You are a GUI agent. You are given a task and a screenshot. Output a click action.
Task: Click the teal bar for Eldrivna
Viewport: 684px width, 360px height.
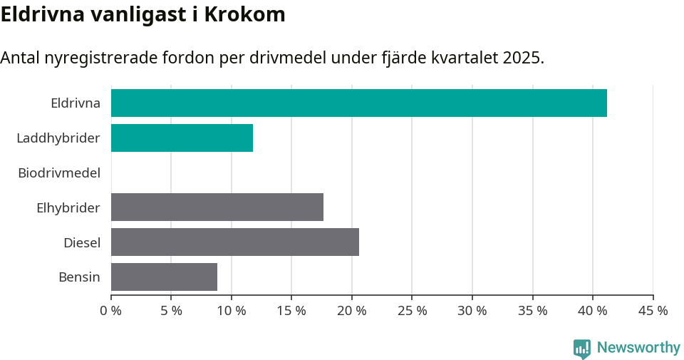(358, 103)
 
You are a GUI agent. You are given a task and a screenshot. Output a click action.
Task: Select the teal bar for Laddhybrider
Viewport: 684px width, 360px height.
(182, 138)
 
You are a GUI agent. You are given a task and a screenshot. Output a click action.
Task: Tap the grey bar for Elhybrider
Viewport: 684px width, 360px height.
(217, 207)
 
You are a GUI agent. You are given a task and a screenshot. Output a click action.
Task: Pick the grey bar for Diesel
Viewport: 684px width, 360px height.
(235, 242)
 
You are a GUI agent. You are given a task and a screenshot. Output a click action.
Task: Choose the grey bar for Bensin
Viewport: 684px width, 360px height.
(164, 277)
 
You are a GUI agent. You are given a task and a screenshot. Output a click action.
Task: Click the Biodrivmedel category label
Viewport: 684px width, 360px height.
(59, 173)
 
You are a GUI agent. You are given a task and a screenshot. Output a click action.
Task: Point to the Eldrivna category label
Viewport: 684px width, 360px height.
(76, 103)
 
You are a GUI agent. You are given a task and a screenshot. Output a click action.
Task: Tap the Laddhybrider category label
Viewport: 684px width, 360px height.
(58, 138)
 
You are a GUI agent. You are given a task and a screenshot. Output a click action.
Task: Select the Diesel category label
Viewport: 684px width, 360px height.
(82, 242)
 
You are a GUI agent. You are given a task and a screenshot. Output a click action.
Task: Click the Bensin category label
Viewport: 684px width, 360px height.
(79, 277)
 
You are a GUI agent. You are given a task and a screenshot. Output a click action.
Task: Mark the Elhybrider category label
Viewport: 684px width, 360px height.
(68, 207)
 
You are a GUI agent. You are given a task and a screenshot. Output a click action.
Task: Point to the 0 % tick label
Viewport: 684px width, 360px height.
(111, 311)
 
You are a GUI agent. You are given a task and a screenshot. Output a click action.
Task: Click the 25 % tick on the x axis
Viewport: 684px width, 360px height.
(412, 311)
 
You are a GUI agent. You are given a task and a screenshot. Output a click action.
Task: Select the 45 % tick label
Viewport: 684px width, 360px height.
(653, 311)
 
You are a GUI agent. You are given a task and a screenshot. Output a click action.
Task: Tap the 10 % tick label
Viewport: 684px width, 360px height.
(232, 311)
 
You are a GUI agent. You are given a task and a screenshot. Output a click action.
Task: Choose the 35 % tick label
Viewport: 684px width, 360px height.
(532, 311)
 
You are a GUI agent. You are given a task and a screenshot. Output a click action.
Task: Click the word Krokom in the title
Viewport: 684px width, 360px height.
(244, 15)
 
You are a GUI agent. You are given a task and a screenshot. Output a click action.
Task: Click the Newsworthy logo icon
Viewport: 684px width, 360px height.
(582, 349)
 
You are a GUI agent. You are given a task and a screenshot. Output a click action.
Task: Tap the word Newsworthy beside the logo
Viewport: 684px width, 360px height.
(638, 348)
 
